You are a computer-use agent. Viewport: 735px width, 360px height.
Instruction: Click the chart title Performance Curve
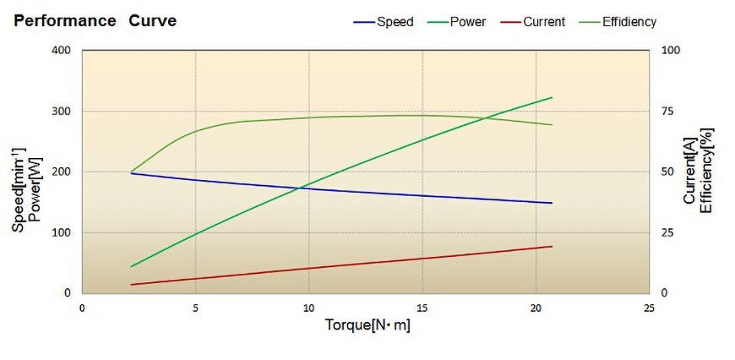95,21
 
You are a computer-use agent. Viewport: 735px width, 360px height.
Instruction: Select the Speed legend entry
395,22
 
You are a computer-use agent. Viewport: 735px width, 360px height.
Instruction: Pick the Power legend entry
467,22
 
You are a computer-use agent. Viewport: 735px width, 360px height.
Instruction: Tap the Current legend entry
543,22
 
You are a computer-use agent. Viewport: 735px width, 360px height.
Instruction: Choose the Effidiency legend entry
629,22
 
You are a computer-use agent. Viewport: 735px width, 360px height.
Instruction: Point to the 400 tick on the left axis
61,51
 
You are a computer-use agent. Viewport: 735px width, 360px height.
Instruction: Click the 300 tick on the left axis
61,112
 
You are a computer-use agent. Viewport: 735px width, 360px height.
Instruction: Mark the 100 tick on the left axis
61,232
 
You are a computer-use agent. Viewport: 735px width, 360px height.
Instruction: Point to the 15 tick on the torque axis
422,308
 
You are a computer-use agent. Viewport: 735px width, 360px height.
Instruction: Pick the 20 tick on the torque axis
536,308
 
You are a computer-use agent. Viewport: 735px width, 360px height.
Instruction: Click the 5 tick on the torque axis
196,308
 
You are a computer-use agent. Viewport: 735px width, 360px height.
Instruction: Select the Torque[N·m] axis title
367,325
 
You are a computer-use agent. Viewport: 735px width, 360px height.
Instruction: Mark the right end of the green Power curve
552,97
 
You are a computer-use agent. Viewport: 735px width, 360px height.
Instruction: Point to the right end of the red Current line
552,246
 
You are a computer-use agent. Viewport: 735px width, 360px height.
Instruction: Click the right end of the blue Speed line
552,203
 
